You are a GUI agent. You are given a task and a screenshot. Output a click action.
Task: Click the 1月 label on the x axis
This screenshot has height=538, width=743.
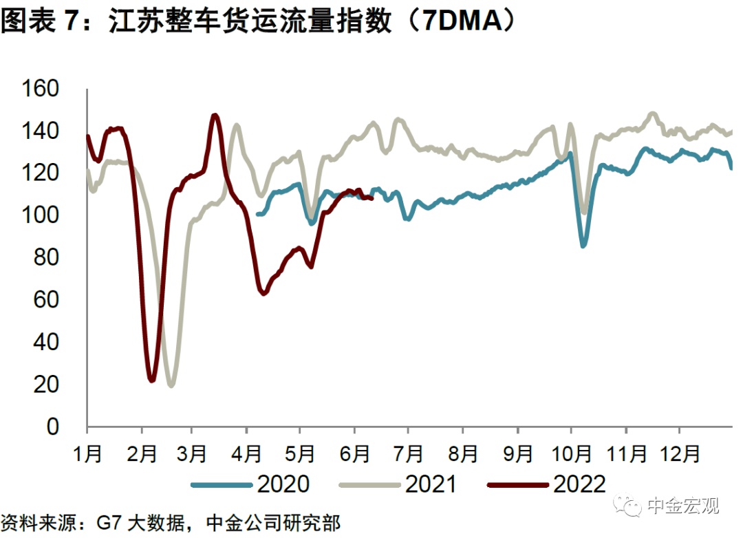[x=87, y=454]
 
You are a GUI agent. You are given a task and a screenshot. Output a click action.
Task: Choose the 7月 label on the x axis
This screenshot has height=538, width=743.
[x=408, y=454]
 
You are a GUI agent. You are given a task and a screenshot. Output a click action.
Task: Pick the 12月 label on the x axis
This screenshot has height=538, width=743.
[x=680, y=454]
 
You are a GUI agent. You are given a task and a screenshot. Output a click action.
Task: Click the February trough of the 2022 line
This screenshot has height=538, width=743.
[x=152, y=380]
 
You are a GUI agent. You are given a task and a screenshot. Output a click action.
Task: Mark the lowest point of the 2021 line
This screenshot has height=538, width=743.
[x=171, y=385]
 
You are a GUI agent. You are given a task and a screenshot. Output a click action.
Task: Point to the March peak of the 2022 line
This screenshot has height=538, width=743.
[x=215, y=116]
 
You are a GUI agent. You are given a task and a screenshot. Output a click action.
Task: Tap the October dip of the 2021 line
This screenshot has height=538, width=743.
[x=585, y=212]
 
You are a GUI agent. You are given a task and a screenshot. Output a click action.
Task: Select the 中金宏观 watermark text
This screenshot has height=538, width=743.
[x=683, y=507]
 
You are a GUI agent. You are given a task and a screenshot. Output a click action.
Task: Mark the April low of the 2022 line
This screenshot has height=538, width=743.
[x=263, y=294]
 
